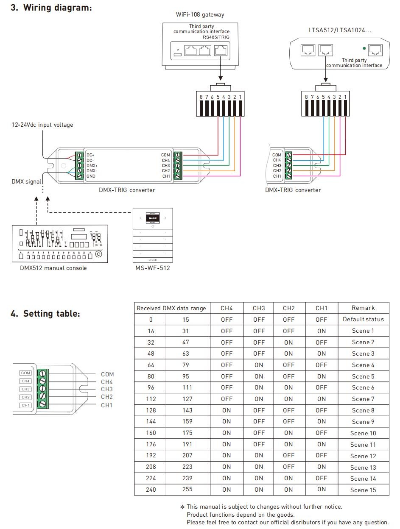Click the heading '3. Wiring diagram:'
(x=51, y=8)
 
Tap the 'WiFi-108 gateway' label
(x=200, y=14)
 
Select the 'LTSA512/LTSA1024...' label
(x=339, y=30)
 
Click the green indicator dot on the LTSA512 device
(x=364, y=48)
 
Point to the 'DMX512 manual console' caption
(x=53, y=268)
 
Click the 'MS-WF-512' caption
(x=153, y=268)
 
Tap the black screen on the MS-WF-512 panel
(x=152, y=217)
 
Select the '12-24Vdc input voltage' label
(x=42, y=125)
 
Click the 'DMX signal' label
(x=26, y=181)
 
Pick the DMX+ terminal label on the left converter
(x=92, y=166)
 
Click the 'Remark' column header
(x=363, y=308)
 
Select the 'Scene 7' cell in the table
(x=363, y=399)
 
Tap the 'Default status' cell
(x=363, y=319)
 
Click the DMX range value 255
(x=187, y=489)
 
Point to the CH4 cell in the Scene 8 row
(x=227, y=410)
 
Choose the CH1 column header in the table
(x=322, y=308)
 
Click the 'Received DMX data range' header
(x=171, y=308)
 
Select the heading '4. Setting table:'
(x=45, y=314)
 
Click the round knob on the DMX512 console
(x=98, y=254)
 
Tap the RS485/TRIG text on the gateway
(x=216, y=37)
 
